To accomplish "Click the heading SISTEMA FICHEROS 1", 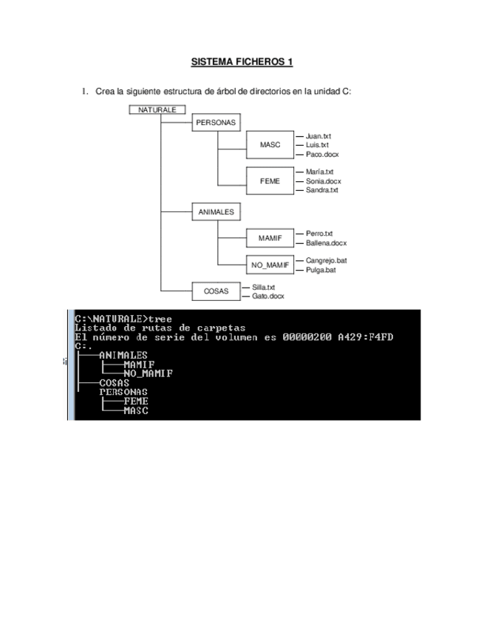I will click(x=242, y=61).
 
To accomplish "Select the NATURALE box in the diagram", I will click(x=157, y=109).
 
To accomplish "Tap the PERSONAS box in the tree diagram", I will click(x=216, y=123).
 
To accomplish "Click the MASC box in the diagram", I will click(x=270, y=146).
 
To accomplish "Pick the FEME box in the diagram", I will click(x=270, y=180).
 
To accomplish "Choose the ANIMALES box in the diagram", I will click(x=216, y=211).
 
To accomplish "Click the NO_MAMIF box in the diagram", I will click(x=270, y=265).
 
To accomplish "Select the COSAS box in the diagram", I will click(x=216, y=291).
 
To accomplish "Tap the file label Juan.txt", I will click(x=318, y=136).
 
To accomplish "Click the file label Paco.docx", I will click(x=322, y=155).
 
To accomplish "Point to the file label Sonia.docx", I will click(x=324, y=181).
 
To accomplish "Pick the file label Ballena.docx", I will click(x=326, y=243).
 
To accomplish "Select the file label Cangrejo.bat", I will click(x=327, y=260).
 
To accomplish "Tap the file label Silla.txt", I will click(x=265, y=287).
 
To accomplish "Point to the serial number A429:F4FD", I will click(x=365, y=338).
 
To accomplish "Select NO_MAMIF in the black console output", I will click(x=149, y=373).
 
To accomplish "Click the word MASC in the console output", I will click(x=136, y=410).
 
